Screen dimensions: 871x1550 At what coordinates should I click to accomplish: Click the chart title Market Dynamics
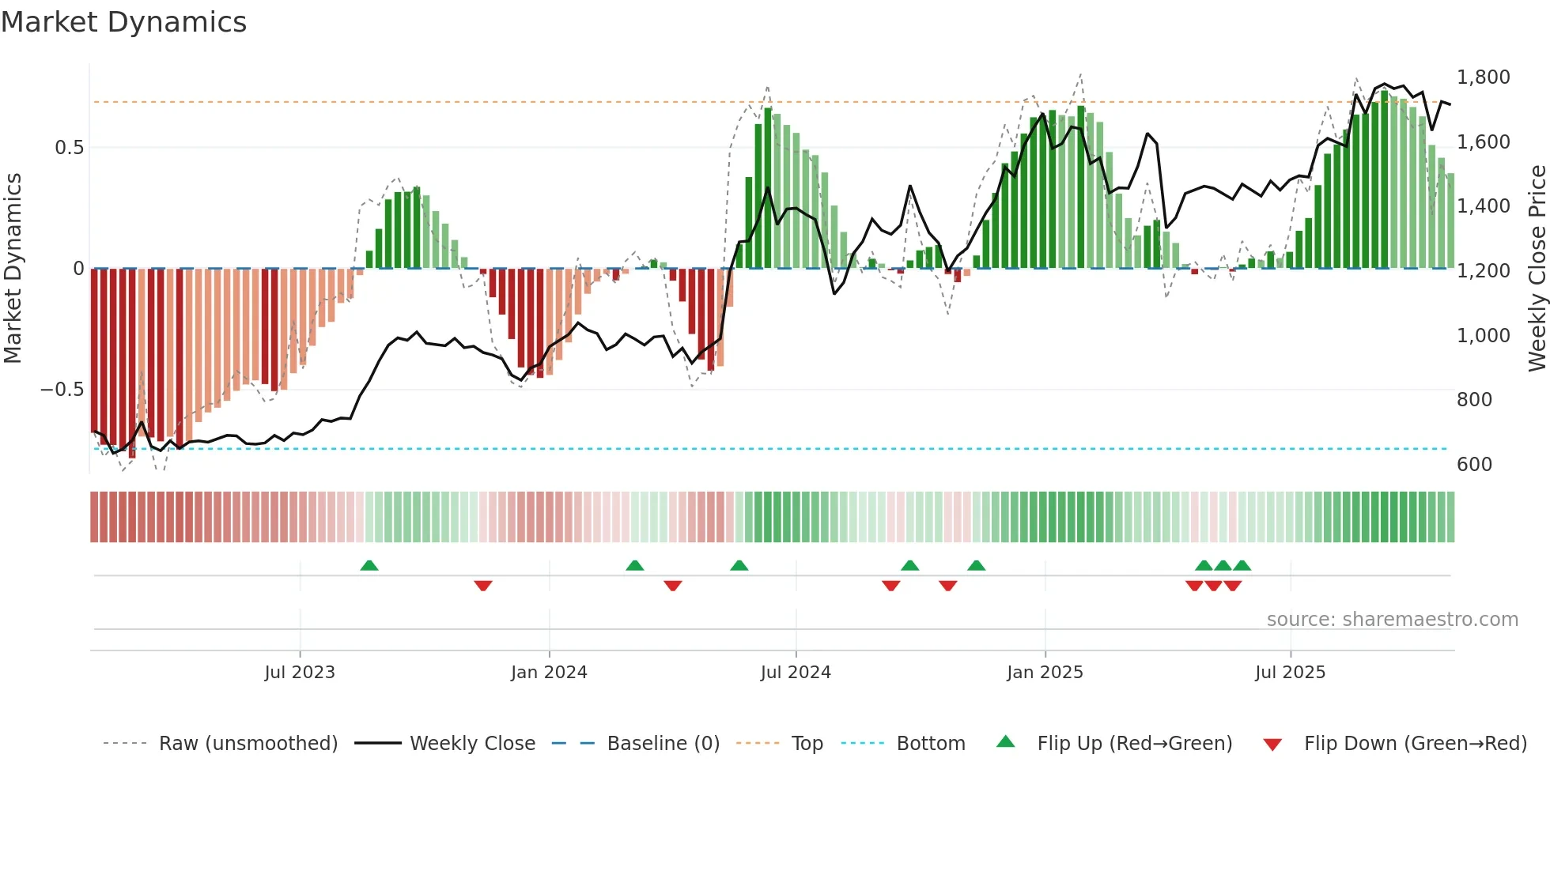coord(123,22)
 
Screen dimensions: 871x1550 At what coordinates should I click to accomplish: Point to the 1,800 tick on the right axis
coord(1483,77)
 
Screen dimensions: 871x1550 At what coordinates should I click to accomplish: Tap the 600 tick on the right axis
coord(1474,465)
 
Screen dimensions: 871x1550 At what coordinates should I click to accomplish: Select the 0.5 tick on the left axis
coord(69,148)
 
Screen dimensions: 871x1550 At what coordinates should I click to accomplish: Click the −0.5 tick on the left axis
coord(62,390)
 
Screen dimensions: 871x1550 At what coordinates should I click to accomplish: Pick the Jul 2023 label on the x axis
coord(300,673)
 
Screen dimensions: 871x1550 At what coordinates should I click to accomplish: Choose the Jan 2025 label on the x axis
coord(1045,673)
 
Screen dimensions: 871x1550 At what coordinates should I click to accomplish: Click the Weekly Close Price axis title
coord(1537,269)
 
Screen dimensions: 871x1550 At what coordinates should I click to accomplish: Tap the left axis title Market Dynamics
coord(13,269)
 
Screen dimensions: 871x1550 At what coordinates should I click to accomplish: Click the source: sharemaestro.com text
coord(1392,620)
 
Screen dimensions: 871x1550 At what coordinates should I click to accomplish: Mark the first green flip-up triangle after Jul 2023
coord(369,565)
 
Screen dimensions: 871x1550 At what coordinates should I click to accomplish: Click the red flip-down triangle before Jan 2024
coord(483,586)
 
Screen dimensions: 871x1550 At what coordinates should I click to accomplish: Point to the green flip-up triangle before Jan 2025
coord(977,565)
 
